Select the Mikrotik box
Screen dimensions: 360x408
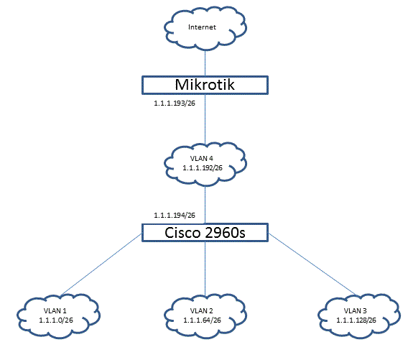[x=205, y=85]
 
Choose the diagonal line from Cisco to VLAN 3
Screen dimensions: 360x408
[x=309, y=266]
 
